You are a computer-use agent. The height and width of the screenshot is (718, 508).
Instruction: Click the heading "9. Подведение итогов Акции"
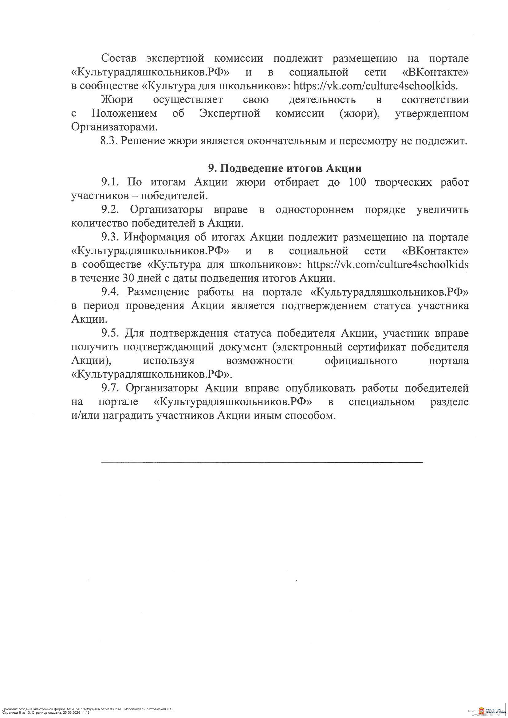[x=285, y=168]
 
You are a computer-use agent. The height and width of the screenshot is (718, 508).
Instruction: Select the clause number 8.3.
[x=108, y=141]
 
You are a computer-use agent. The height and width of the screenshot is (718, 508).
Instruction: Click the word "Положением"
[x=124, y=113]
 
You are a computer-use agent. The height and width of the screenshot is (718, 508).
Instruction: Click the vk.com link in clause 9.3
[x=388, y=265]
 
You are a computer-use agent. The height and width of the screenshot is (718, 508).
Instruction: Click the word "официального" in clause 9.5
[x=360, y=361]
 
